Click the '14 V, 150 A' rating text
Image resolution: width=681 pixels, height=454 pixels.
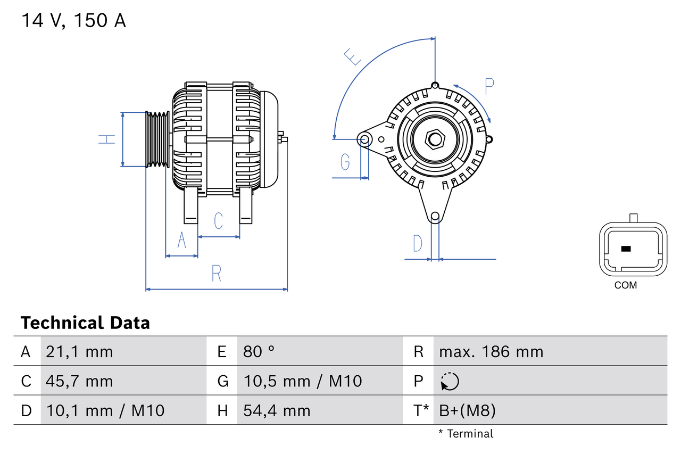point(73,21)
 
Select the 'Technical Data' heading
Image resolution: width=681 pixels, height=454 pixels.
point(85,323)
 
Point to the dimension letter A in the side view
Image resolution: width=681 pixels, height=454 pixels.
point(182,240)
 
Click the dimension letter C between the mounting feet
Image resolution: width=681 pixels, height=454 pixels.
point(218,220)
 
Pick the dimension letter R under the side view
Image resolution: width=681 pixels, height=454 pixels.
point(216,273)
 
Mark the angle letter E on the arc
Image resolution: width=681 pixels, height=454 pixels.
point(352,56)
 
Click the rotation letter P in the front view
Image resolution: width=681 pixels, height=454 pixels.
point(489,86)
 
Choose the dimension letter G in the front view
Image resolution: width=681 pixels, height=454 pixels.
point(345,161)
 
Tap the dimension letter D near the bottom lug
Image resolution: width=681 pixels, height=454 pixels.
point(418,243)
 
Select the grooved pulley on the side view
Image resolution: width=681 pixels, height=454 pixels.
point(157,139)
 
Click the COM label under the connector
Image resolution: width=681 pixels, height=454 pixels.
point(625,285)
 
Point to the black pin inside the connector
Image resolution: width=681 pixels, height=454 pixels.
point(626,249)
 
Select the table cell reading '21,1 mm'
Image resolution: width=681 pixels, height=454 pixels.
point(79,352)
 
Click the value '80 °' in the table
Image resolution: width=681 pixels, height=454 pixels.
point(259,352)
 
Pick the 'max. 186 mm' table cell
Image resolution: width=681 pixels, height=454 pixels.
point(491,352)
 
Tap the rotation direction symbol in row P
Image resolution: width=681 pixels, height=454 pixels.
point(450,381)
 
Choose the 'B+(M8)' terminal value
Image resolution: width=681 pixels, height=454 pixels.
point(467,410)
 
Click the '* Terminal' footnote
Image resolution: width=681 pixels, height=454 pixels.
point(466,434)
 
